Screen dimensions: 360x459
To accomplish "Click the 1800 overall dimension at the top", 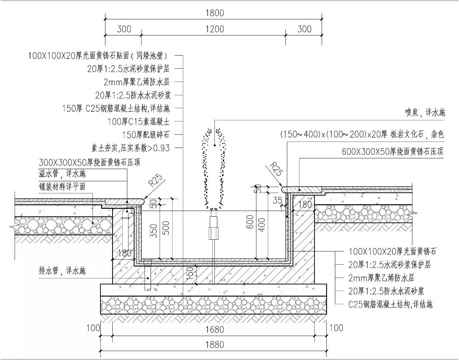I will [214, 13].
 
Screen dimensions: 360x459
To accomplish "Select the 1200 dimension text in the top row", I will [214, 29].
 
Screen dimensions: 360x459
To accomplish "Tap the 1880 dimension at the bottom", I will [214, 345].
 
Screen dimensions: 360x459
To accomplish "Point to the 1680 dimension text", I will [214, 329].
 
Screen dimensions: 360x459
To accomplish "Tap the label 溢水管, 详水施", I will [62, 174].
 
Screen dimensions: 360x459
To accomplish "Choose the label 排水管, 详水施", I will [62, 270].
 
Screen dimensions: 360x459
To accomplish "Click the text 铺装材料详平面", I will [62, 187].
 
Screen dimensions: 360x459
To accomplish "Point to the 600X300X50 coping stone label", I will [392, 152].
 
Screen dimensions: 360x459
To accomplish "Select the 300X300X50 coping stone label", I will [89, 162].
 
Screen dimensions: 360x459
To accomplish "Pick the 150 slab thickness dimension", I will [190, 274].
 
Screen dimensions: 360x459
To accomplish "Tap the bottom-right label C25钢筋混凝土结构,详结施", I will [390, 304].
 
